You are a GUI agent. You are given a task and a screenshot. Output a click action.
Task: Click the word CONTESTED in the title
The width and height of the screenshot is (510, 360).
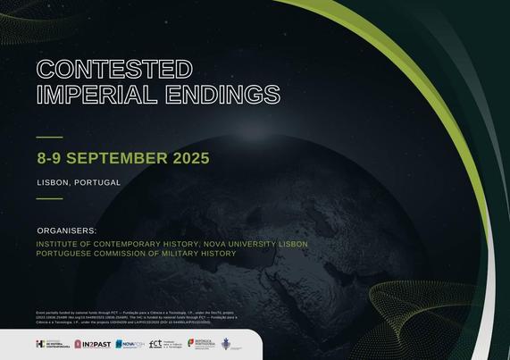click(x=114, y=69)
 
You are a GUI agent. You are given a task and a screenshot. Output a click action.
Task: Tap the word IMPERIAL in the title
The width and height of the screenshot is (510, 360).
click(x=91, y=93)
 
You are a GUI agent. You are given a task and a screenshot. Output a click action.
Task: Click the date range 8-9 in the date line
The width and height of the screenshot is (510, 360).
click(x=49, y=158)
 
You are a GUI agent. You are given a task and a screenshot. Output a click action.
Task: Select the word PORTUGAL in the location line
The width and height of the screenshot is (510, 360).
click(x=97, y=182)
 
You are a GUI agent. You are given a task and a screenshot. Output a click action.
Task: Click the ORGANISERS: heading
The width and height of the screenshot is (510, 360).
click(x=66, y=230)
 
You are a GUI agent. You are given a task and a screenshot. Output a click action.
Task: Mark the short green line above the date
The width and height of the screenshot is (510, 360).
click(x=49, y=137)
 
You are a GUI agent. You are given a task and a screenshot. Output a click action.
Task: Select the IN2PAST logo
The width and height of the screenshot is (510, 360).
click(x=94, y=344)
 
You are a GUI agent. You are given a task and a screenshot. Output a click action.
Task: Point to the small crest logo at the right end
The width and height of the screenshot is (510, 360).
click(x=226, y=344)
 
